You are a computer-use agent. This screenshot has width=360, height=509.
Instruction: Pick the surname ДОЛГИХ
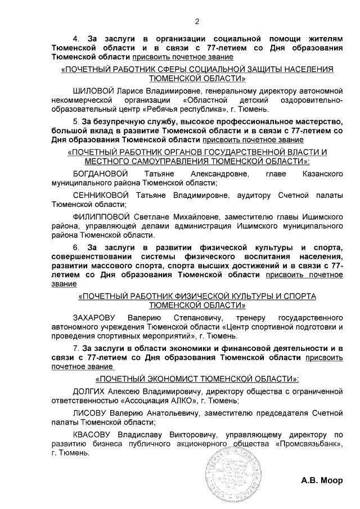[x=89, y=391]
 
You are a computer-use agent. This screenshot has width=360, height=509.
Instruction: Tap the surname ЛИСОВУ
[x=88, y=413]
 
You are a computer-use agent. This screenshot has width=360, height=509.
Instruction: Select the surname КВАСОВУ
[x=92, y=434]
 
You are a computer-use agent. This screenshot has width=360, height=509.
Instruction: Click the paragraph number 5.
[x=75, y=121]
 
